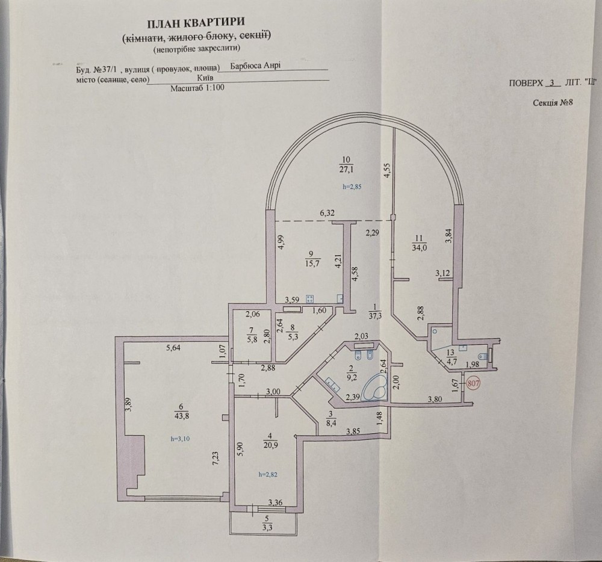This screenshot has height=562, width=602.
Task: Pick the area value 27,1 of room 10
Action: pos(345,168)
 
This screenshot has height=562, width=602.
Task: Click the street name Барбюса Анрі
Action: pos(255,67)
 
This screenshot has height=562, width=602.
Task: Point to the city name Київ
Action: pos(205,78)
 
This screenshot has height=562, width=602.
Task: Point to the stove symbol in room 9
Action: pos(311,298)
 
